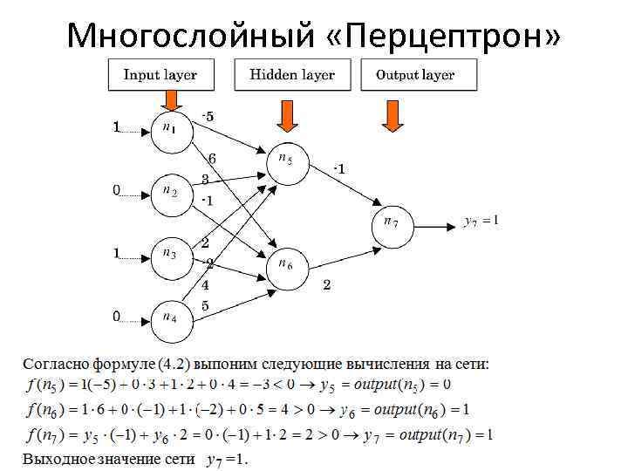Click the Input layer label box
[x=160, y=75]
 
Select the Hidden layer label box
[x=291, y=75]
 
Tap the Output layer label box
[x=415, y=75]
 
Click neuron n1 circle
[x=170, y=129]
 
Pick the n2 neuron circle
[x=170, y=191]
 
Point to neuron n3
[x=170, y=254]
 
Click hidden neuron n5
[x=287, y=161]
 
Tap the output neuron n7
[x=393, y=223]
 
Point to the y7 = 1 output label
[x=481, y=222]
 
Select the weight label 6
[x=211, y=158]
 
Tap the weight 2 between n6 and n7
[x=326, y=284]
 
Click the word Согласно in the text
[x=53, y=363]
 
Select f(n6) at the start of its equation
[x=43, y=410]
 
